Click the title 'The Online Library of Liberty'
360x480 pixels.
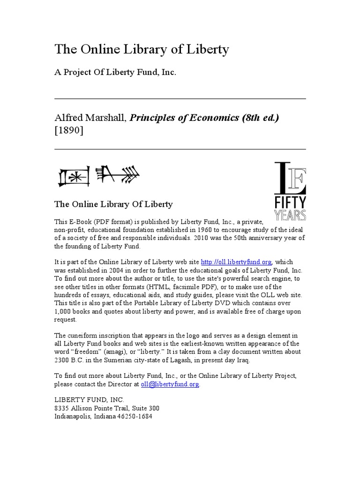tap(142, 50)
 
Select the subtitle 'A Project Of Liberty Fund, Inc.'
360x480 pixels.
tap(115, 74)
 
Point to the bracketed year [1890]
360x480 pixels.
tap(69, 131)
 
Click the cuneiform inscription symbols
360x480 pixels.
tap(98, 175)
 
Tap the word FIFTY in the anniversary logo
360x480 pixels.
tap(290, 203)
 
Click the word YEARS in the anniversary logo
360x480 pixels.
tap(290, 215)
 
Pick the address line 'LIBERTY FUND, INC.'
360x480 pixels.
tap(90, 400)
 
